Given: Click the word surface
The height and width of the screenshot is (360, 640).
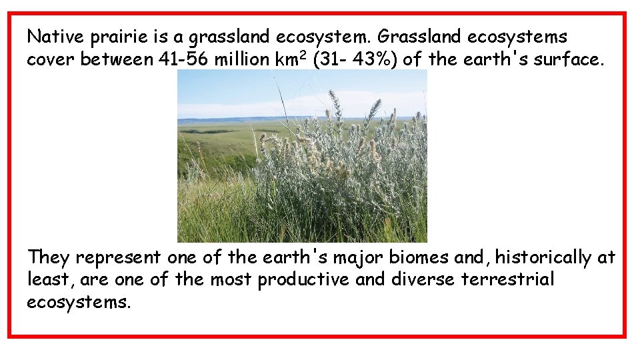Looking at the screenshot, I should [x=570, y=59].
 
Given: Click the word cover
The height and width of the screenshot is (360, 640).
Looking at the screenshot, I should [x=51, y=59].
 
